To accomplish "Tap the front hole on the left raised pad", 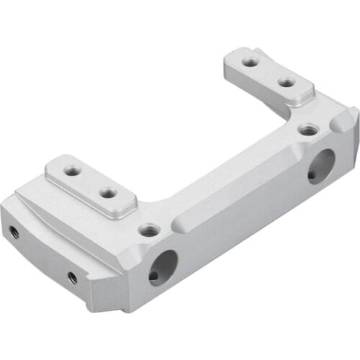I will [108, 193].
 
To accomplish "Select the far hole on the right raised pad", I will [250, 63].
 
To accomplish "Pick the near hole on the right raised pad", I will [287, 83].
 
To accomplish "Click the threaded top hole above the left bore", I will [149, 230].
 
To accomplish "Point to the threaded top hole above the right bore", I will [308, 130].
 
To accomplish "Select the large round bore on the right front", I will [320, 166].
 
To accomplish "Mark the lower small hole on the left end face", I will [72, 277].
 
